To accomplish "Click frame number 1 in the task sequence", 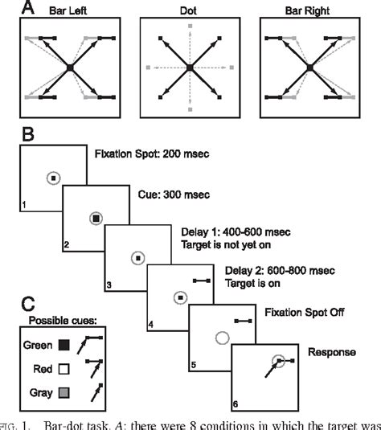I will click(25, 206).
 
